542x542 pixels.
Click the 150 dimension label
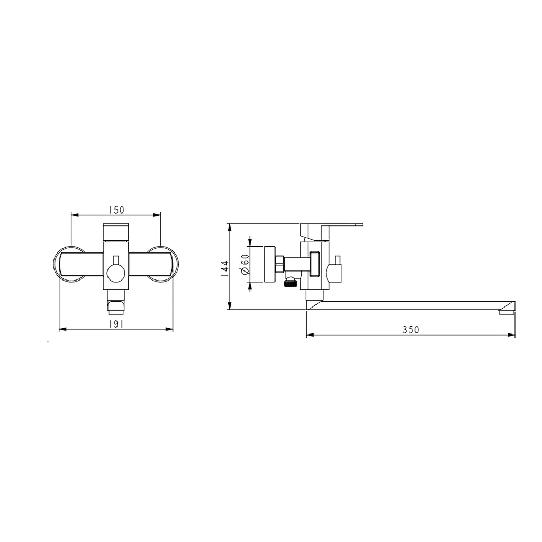coord(116,210)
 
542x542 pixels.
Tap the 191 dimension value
coord(116,324)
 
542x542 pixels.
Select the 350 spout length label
coord(411,330)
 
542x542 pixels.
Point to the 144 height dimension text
coord(224,268)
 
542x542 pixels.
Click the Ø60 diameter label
coord(245,265)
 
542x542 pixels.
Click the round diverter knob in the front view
coord(116,273)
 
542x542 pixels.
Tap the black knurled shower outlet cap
coord(291,283)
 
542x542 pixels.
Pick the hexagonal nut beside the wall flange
coord(279,264)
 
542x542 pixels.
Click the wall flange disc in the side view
coord(269,264)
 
